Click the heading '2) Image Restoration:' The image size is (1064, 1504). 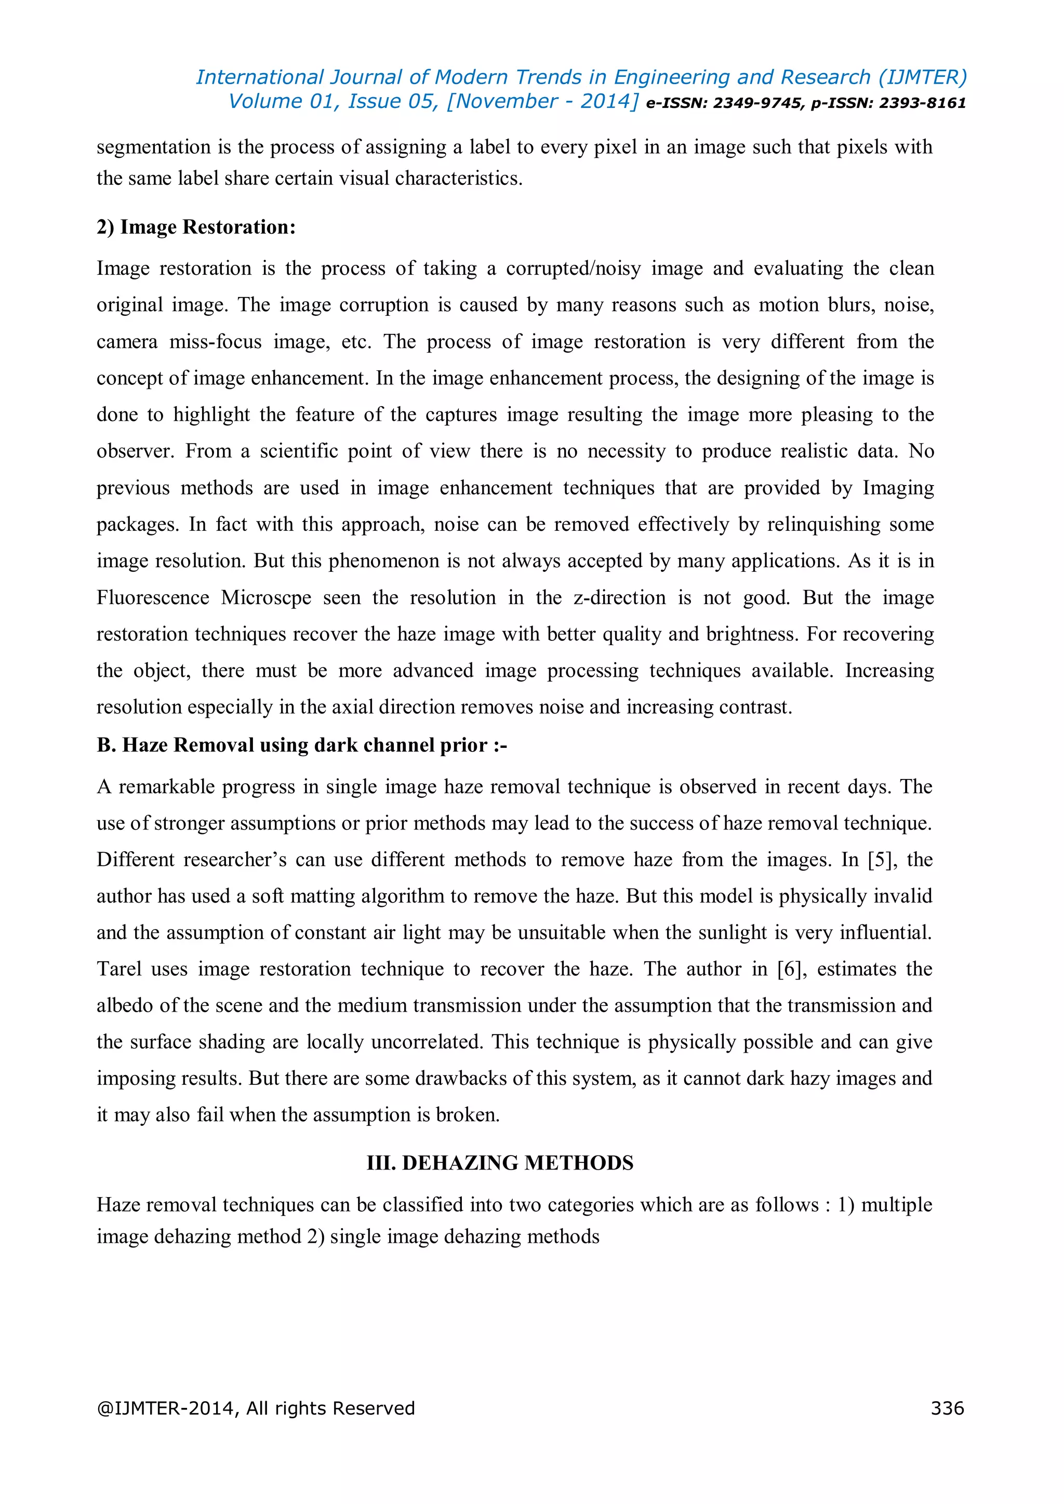pyautogui.click(x=196, y=227)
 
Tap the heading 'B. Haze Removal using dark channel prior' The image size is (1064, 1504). pyautogui.click(x=301, y=745)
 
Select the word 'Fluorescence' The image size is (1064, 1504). pyautogui.click(x=153, y=597)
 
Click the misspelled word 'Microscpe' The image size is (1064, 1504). pyautogui.click(x=266, y=597)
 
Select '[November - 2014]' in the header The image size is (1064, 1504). pyautogui.click(x=542, y=102)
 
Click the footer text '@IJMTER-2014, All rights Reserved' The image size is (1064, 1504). pyautogui.click(x=256, y=1408)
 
